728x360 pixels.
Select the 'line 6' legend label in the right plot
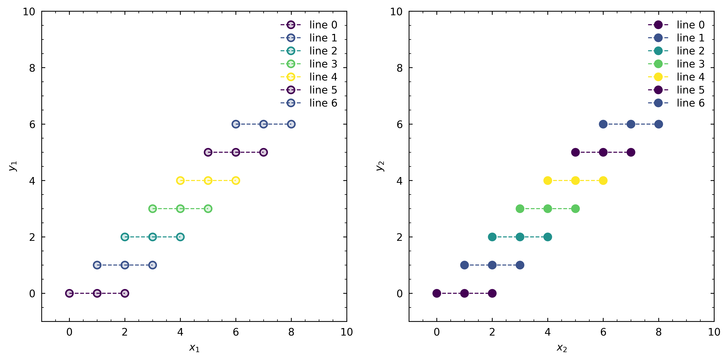pos(690,103)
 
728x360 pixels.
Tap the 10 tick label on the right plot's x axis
pos(714,332)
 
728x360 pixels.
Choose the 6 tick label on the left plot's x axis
pos(236,332)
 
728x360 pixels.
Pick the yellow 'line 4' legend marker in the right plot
pos(658,77)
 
